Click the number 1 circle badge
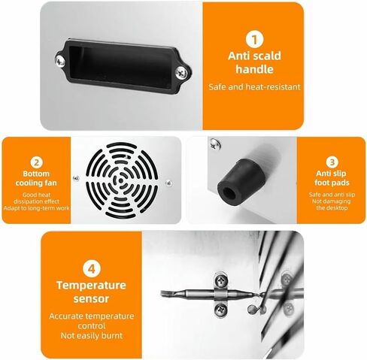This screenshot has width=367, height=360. tap(254, 40)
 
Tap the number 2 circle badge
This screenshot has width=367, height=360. tap(37, 162)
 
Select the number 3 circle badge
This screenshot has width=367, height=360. tap(332, 162)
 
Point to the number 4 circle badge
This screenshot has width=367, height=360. tap(92, 269)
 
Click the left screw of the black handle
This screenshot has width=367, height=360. tap(60, 61)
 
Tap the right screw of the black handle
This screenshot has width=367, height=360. tap(181, 73)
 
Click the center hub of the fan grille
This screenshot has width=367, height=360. tap(121, 180)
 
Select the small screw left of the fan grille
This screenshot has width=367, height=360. tap(76, 178)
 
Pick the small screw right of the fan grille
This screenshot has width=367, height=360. tap(168, 183)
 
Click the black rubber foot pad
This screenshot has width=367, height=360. tap(241, 179)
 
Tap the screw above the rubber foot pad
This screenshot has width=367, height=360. tap(216, 144)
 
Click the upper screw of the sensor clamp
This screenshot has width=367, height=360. tap(221, 280)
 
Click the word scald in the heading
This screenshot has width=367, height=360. tap(265, 56)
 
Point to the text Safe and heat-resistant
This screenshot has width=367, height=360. tap(254, 87)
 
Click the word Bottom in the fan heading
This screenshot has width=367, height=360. tap(36, 174)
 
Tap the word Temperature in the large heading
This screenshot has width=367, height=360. tap(91, 286)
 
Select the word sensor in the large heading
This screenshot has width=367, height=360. tap(91, 299)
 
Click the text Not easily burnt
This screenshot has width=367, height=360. tap(92, 335)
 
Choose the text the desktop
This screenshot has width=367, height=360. tap(332, 208)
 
